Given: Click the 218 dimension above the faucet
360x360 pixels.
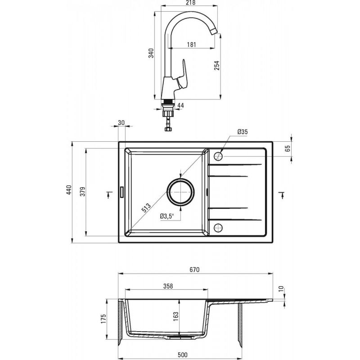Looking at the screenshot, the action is (x=190, y=3).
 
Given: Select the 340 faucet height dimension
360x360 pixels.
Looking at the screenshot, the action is (x=151, y=53).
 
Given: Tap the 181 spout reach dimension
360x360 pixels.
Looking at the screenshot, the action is (x=191, y=44).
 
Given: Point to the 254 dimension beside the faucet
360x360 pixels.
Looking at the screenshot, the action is (x=217, y=65).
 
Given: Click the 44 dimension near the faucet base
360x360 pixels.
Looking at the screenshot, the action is (x=181, y=106).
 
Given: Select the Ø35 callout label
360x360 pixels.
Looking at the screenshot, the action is (x=243, y=132).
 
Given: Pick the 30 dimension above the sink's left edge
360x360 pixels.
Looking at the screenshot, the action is (x=121, y=122).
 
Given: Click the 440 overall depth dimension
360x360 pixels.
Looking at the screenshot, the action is (x=69, y=189).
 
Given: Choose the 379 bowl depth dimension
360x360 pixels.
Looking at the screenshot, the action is (x=83, y=191).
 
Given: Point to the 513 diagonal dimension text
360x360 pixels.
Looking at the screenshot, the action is (x=146, y=207).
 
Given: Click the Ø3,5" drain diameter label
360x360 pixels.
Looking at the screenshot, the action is (x=167, y=216).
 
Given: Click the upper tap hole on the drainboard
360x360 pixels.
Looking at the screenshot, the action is (x=218, y=156).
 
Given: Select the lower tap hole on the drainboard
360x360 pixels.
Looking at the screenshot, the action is (x=218, y=228).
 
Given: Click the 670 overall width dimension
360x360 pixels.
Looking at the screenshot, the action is (x=194, y=270).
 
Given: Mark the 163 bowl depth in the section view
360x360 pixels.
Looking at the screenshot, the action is (x=175, y=316).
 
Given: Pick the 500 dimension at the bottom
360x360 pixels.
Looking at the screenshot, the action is (x=183, y=355).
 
